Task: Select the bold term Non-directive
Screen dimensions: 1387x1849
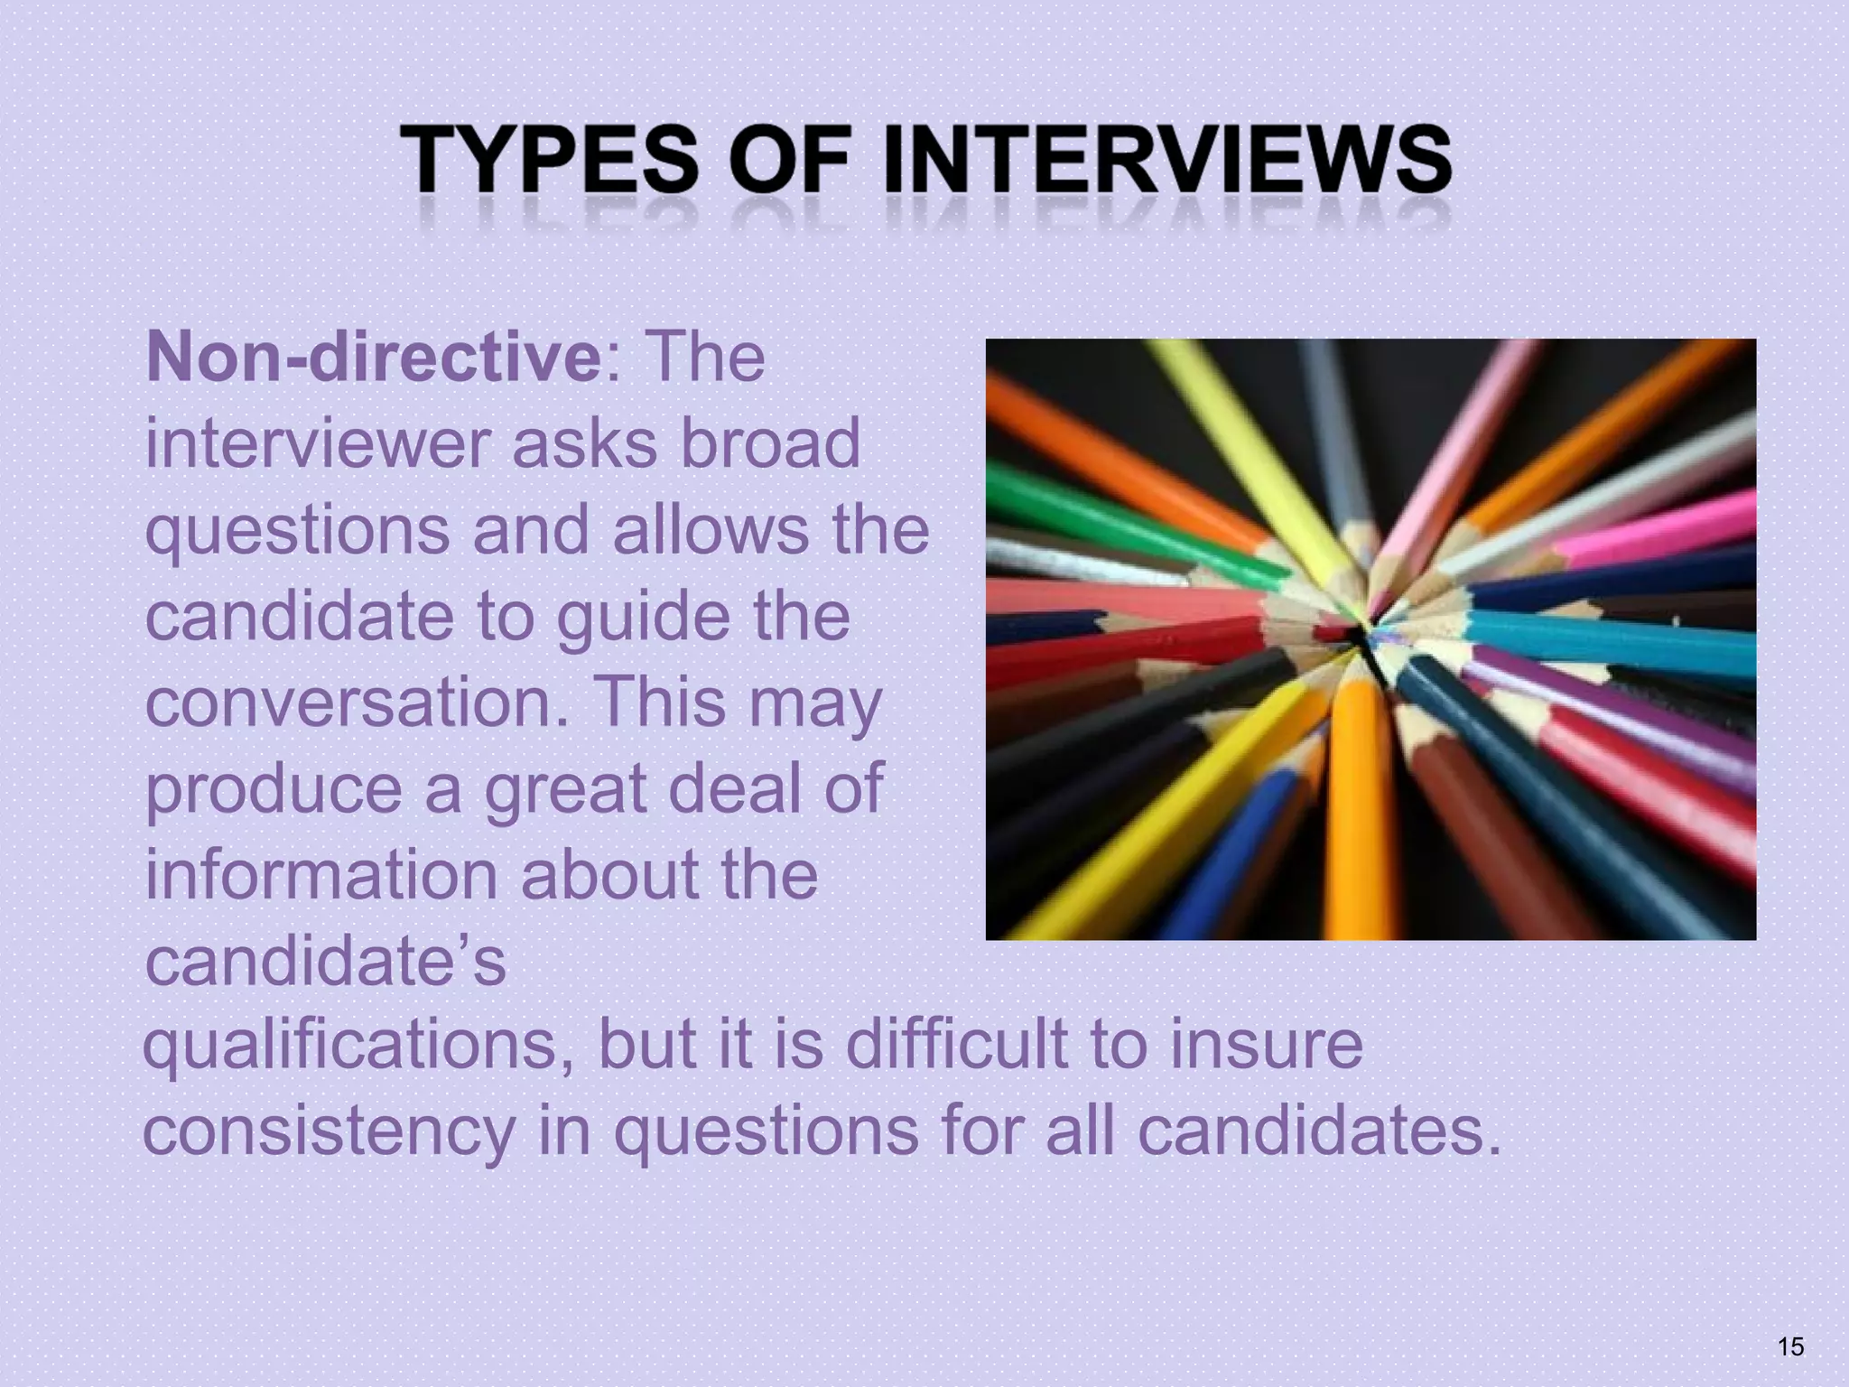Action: (x=373, y=357)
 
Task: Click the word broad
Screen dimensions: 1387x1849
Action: (x=770, y=443)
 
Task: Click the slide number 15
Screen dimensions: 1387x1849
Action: (x=1790, y=1346)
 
